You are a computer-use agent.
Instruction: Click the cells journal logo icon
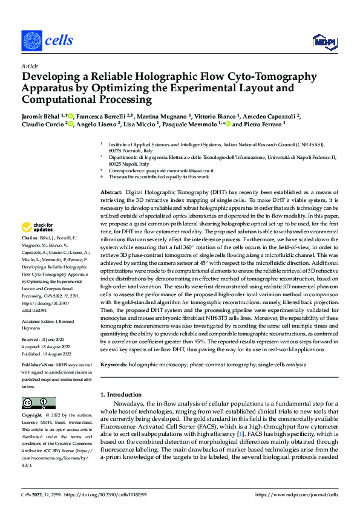31,41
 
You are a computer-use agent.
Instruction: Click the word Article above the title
29,66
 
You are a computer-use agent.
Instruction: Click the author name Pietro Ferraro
266,125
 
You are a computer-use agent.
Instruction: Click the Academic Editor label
39,320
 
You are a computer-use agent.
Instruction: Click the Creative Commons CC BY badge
38,403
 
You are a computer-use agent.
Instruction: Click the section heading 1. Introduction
122,394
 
